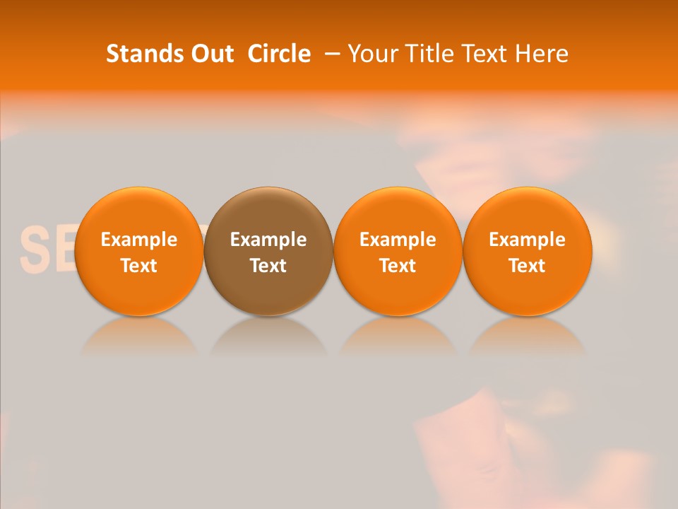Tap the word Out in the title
click(210, 54)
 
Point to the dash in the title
click(331, 54)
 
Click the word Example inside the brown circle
click(268, 240)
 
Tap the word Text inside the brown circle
click(268, 266)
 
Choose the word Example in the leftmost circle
click(138, 240)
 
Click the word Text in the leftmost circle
click(138, 266)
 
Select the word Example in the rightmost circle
click(527, 240)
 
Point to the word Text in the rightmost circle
click(527, 266)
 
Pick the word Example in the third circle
click(398, 240)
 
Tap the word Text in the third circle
click(398, 266)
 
